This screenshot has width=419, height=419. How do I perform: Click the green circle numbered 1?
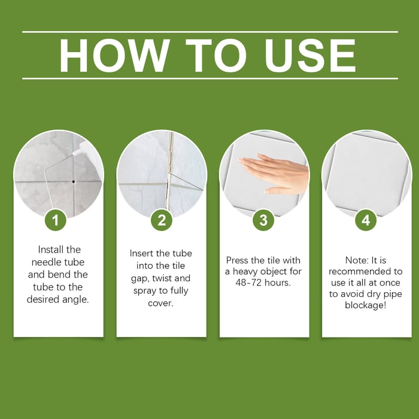coord(56,220)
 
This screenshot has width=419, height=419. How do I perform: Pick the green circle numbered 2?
coord(161,220)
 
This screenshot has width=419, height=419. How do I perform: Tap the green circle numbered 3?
coord(263,220)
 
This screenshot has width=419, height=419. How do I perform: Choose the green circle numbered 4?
coord(366,220)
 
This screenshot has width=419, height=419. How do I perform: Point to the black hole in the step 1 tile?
coord(72,179)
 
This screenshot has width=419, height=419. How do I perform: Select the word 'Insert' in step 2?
coord(142,253)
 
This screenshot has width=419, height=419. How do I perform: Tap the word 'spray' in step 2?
coord(145,291)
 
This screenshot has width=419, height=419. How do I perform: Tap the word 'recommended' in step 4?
coord(357,272)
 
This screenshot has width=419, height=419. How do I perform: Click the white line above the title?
coord(209,31)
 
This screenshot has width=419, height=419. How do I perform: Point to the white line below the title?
coord(209,78)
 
